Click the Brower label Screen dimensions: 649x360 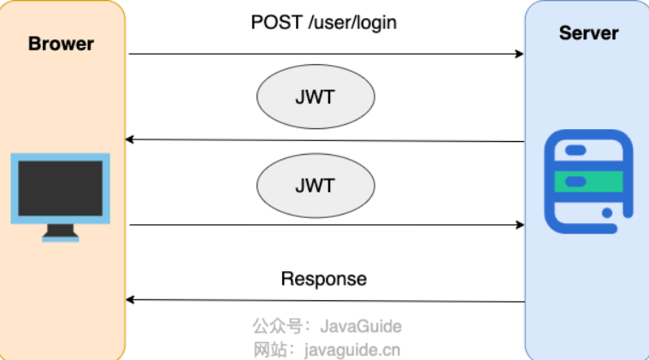point(61,44)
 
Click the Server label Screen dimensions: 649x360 point(588,33)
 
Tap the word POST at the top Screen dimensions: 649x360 point(276,22)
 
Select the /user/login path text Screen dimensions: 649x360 point(352,23)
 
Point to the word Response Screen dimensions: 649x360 point(324,279)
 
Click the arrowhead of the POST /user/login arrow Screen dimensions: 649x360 point(520,54)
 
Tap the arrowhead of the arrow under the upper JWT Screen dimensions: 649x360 point(130,139)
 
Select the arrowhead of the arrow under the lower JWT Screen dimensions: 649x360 point(520,225)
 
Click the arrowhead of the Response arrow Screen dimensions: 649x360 point(130,299)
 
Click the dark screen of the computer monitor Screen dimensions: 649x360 point(61,188)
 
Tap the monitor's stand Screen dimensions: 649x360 point(61,233)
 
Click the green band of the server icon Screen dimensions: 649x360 point(588,181)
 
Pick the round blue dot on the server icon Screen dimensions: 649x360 point(607,213)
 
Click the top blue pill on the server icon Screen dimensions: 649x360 point(575,150)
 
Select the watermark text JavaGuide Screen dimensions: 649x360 point(361,327)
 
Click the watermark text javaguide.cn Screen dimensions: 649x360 point(352,350)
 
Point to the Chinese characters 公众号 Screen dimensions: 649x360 point(277,326)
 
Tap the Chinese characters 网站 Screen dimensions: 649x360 point(270,350)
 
